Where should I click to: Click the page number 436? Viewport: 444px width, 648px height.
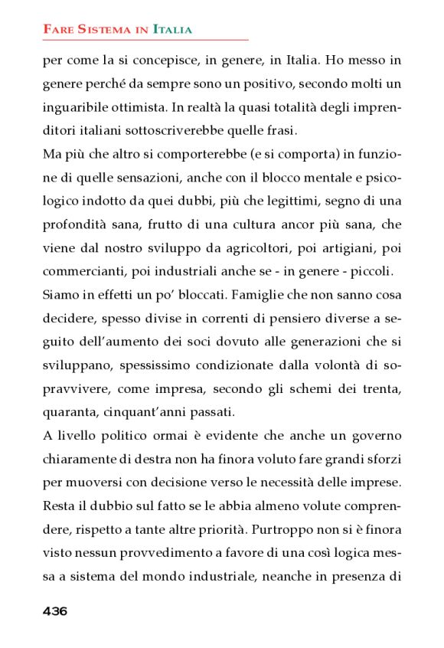[x=55, y=610]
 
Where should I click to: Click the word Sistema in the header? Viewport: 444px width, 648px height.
[x=101, y=30]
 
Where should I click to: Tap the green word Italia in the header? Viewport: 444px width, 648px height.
[x=172, y=30]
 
